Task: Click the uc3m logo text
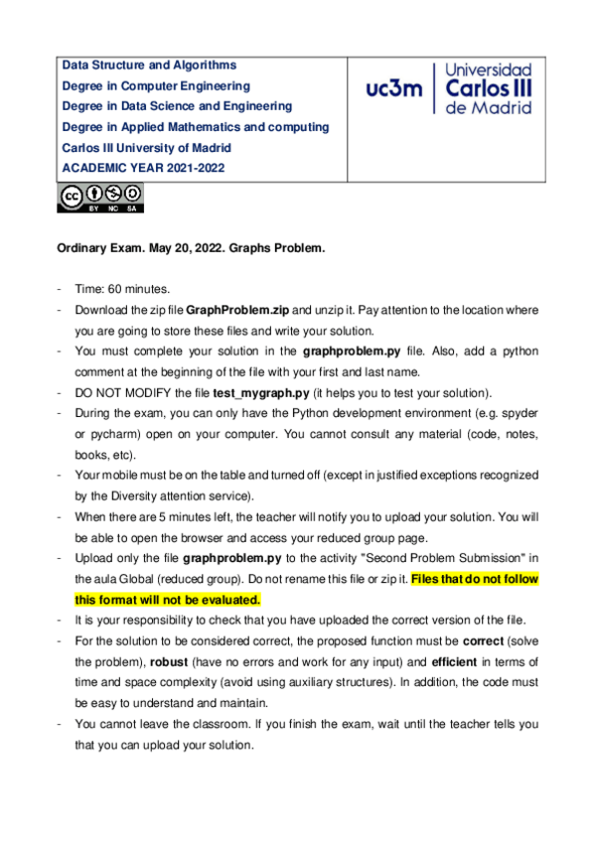(393, 88)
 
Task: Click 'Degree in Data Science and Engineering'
(177, 106)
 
